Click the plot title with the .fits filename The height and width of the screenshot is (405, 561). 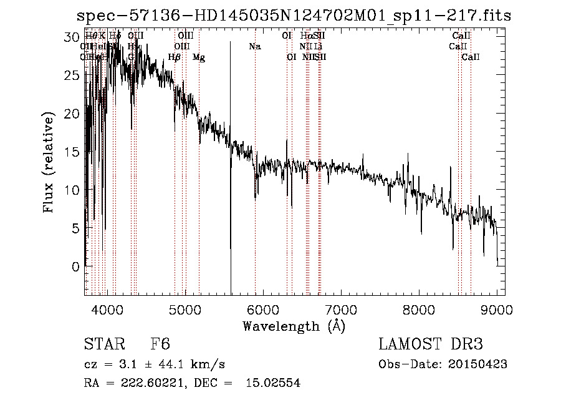click(x=290, y=16)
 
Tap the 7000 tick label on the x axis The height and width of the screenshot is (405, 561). click(x=340, y=309)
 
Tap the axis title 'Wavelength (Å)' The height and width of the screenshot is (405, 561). click(x=294, y=326)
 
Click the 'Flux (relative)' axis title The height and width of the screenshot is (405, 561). click(x=49, y=162)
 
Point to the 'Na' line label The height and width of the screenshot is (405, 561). click(x=254, y=47)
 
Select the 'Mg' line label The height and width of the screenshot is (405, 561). click(x=198, y=57)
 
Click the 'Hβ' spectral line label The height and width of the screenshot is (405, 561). click(x=175, y=57)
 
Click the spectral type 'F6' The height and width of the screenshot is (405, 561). click(x=160, y=345)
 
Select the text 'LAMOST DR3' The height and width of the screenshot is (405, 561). click(x=430, y=345)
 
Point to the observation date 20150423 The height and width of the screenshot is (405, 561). click(x=477, y=364)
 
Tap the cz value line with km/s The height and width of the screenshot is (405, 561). click(x=154, y=364)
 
